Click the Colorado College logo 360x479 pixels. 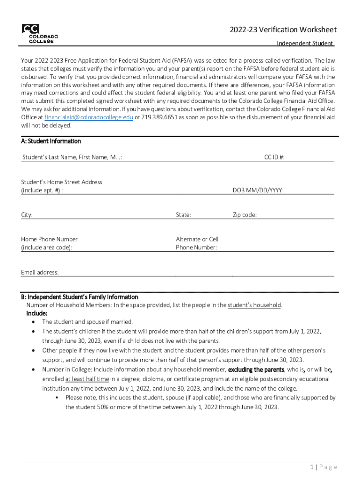pyautogui.click(x=39, y=33)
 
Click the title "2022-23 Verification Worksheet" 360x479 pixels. pyautogui.click(x=282, y=30)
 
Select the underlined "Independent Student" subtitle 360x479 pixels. pyautogui.click(x=305, y=44)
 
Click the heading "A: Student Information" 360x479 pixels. pyautogui.click(x=51, y=141)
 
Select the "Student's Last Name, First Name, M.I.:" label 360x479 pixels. pyautogui.click(x=72, y=158)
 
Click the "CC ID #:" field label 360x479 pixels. pyautogui.click(x=274, y=158)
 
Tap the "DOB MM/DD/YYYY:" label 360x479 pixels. pyautogui.click(x=258, y=190)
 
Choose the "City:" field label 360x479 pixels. pyautogui.click(x=27, y=215)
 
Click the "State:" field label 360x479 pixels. pyautogui.click(x=184, y=215)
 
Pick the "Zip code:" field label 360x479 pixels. pyautogui.click(x=245, y=215)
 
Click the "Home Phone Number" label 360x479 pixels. pyautogui.click(x=50, y=239)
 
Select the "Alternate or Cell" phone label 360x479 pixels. pyautogui.click(x=197, y=239)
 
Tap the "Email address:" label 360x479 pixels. pyautogui.click(x=40, y=272)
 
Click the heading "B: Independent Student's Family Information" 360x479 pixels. pyautogui.click(x=79, y=297)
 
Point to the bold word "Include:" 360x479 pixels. pyautogui.click(x=37, y=313)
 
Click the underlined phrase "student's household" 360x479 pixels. pyautogui.click(x=254, y=305)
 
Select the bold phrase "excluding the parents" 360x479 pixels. pyautogui.click(x=256, y=370)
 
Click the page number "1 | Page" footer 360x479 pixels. pyautogui.click(x=323, y=467)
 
